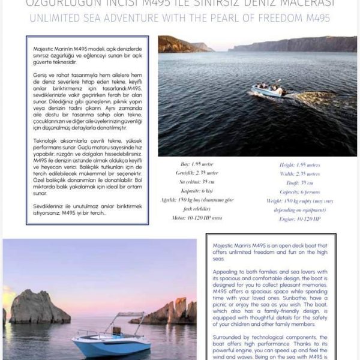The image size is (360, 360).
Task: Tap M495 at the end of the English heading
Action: click(x=314, y=19)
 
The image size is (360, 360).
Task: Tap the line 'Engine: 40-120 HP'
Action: click(x=300, y=219)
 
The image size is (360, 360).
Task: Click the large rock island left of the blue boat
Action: click(x=39, y=307)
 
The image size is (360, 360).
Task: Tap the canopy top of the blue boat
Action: click(x=130, y=314)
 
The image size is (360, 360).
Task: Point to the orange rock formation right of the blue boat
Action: click(x=174, y=312)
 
